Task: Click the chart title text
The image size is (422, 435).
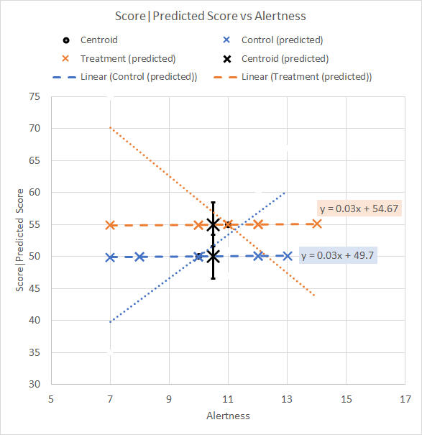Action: [211, 16]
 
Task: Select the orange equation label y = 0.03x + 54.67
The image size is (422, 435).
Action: [359, 209]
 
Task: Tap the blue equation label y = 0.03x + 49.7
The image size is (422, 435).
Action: [338, 255]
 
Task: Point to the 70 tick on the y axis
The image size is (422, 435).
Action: [35, 128]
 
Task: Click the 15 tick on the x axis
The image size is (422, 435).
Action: [346, 399]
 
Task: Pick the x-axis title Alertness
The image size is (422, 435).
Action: [228, 416]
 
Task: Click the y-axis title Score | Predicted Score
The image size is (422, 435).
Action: [19, 240]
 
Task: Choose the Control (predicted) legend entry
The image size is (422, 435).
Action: [273, 40]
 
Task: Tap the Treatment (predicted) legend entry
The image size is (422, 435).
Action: [119, 58]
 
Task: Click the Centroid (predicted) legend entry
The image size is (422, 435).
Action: [276, 58]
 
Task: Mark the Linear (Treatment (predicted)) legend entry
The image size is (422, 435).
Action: [293, 77]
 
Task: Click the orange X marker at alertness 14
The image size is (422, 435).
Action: [317, 224]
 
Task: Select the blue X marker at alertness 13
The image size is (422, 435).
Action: [288, 256]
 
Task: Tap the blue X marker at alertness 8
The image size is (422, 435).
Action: [140, 257]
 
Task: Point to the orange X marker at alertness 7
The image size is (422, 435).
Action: [111, 225]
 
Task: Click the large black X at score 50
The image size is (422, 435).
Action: [213, 257]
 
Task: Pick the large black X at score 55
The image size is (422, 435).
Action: [213, 225]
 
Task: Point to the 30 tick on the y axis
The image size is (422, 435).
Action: [35, 384]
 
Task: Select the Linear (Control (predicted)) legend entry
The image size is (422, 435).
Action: [125, 77]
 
